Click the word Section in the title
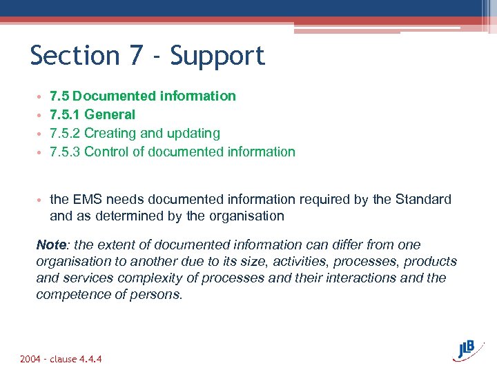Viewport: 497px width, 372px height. coord(74,56)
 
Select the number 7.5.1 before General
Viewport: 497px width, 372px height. coord(65,114)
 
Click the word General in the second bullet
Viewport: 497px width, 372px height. coord(110,114)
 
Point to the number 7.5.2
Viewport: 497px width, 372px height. coord(65,133)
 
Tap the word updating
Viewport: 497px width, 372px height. coord(194,133)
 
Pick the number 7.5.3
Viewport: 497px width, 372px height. coord(65,152)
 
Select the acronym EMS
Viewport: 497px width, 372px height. coord(88,200)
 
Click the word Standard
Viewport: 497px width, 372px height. coord(423,200)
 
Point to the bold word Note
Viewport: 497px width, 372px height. coord(51,245)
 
